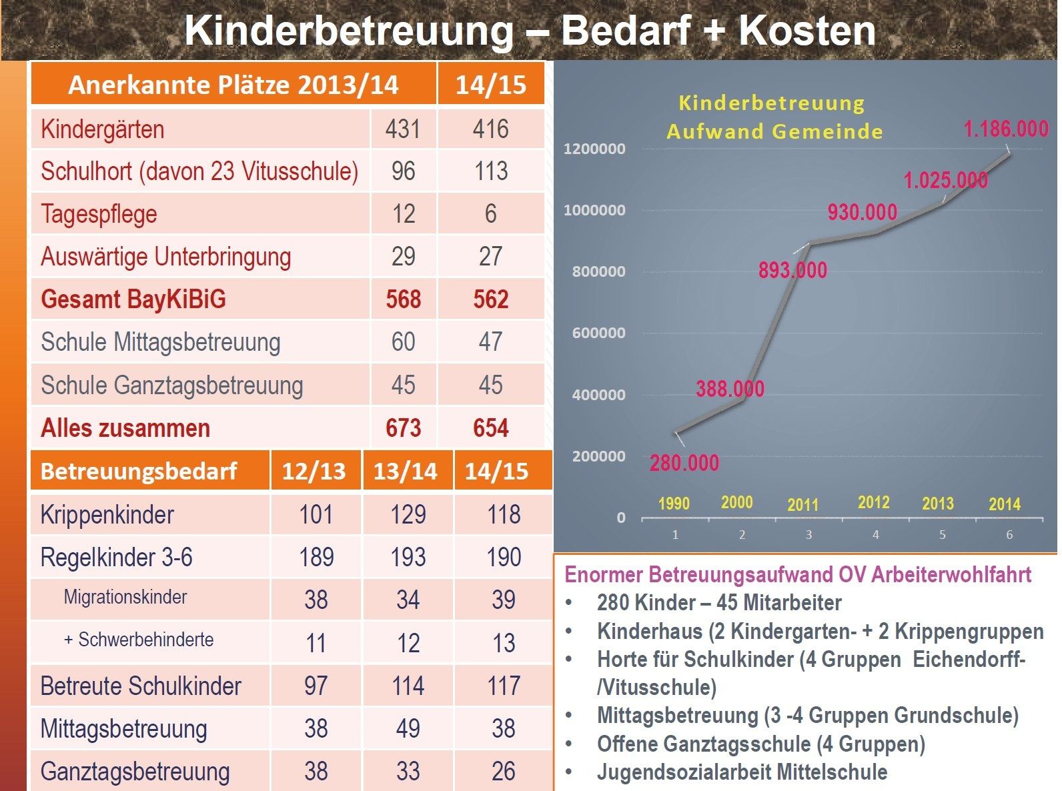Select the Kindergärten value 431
click(x=403, y=129)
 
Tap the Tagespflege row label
click(x=99, y=214)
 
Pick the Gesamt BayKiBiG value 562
click(x=490, y=299)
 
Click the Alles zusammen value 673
click(x=403, y=428)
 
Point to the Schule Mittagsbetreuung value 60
click(x=403, y=342)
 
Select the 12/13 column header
click(x=314, y=472)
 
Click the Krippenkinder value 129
click(x=408, y=515)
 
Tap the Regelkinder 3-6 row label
click(x=116, y=558)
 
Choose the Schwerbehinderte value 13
click(x=504, y=644)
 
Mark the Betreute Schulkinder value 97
click(x=316, y=686)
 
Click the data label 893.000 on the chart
click(x=792, y=270)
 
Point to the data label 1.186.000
click(x=1006, y=129)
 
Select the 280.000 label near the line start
click(x=684, y=463)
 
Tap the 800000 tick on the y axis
click(x=598, y=271)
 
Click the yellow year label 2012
click(x=873, y=502)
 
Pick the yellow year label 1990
click(x=674, y=504)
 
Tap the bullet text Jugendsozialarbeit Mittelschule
click(x=742, y=772)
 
